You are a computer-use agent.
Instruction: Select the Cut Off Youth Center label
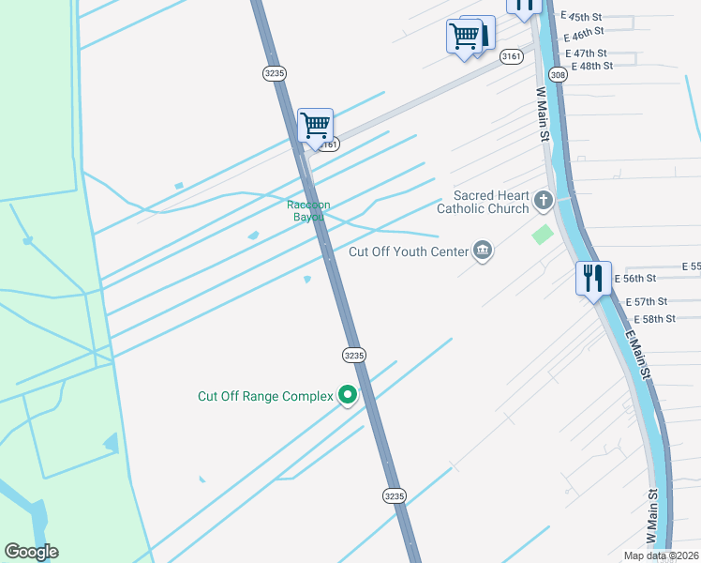(x=408, y=251)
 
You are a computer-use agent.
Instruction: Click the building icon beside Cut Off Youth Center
(x=483, y=250)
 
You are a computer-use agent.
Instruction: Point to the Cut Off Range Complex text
(x=265, y=396)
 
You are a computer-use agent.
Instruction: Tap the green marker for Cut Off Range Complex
(x=348, y=396)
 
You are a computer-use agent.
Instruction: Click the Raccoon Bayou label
(x=306, y=210)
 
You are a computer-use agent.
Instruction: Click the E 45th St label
(x=582, y=17)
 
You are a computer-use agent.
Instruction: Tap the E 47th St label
(x=586, y=53)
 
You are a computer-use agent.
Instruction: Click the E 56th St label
(x=635, y=279)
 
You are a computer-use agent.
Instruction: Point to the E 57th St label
(x=645, y=301)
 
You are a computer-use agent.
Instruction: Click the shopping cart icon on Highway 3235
(x=315, y=124)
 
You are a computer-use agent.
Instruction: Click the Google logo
(x=31, y=552)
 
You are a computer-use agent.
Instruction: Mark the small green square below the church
(x=543, y=234)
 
